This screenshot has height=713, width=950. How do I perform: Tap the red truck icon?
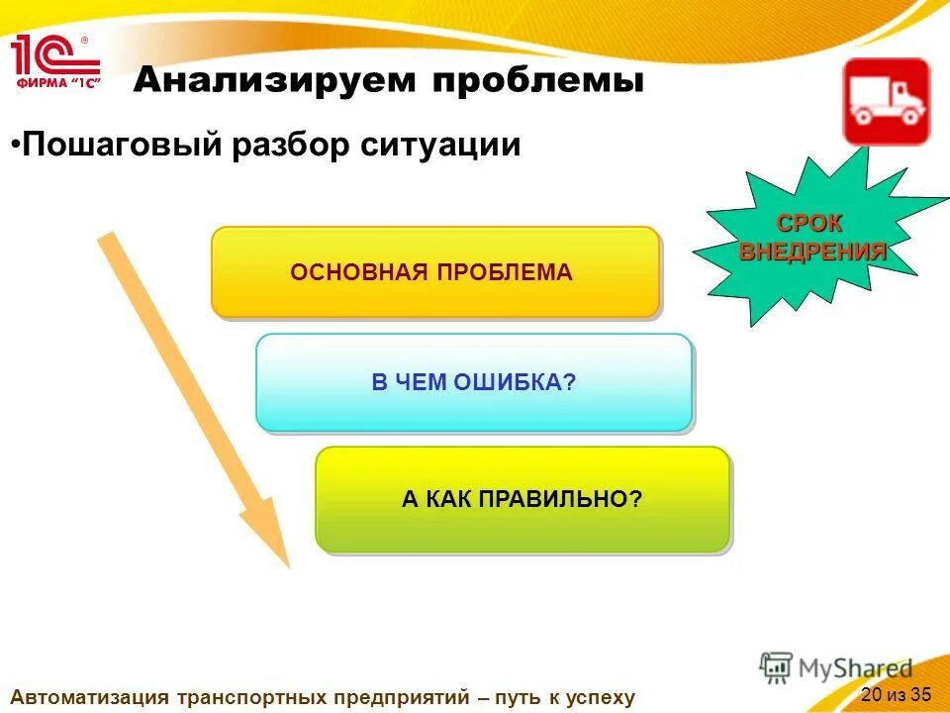click(x=886, y=102)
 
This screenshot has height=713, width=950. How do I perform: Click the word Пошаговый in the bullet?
click(x=123, y=146)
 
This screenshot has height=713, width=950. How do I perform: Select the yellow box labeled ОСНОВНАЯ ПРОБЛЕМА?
click(x=434, y=272)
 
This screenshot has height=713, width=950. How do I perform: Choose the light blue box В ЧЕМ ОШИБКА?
click(x=473, y=382)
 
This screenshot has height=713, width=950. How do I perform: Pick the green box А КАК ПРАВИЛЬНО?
click(x=522, y=499)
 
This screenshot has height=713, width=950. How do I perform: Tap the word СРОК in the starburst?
click(x=809, y=224)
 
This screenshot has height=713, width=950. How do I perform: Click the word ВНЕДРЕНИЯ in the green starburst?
click(x=812, y=251)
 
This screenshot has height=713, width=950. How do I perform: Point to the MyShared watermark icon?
click(x=777, y=667)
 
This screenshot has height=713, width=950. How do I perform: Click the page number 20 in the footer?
click(x=871, y=692)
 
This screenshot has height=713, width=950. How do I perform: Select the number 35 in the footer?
click(x=920, y=692)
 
